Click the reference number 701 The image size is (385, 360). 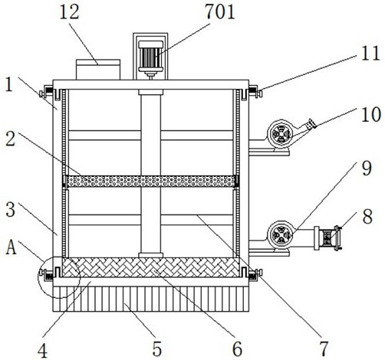(220, 12)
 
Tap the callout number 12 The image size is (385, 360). (69, 12)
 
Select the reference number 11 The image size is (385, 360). (370, 54)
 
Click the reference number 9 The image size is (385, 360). (367, 169)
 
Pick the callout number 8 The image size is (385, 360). (367, 217)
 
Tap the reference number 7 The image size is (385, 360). (324, 349)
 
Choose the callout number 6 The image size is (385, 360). (237, 349)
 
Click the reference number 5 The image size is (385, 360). (157, 349)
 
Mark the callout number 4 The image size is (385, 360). (42, 351)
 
